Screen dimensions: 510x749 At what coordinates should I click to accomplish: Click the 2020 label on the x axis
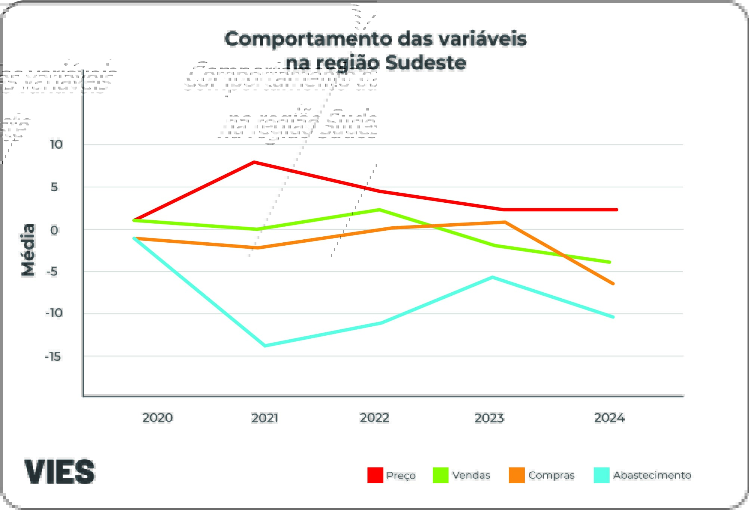point(157,417)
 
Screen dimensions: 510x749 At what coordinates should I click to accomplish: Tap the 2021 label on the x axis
point(265,417)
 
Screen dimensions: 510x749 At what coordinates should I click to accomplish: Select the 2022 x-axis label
point(374,417)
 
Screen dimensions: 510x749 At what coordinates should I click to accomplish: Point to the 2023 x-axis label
point(489,417)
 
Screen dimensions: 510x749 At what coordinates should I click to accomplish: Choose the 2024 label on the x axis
point(609,417)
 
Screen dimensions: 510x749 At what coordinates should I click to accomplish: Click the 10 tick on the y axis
point(56,144)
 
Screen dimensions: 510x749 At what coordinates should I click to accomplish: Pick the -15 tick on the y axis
point(53,357)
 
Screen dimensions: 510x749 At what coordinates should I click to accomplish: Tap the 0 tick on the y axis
point(54,230)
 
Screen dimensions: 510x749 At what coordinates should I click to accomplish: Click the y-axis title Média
point(28,250)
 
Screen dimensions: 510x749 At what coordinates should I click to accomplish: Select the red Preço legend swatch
point(375,475)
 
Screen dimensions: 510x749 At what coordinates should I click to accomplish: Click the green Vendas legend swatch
point(440,475)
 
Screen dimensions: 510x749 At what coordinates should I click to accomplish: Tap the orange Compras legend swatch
point(517,475)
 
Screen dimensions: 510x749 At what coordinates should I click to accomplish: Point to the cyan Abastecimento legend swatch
point(601,475)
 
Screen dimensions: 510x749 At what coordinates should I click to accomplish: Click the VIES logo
point(59,472)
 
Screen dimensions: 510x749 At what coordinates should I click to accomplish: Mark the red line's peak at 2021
point(254,162)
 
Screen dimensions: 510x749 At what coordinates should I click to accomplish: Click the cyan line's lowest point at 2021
point(265,346)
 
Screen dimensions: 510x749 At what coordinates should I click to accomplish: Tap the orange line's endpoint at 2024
point(613,284)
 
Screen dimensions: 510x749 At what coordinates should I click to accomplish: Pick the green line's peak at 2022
point(379,210)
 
